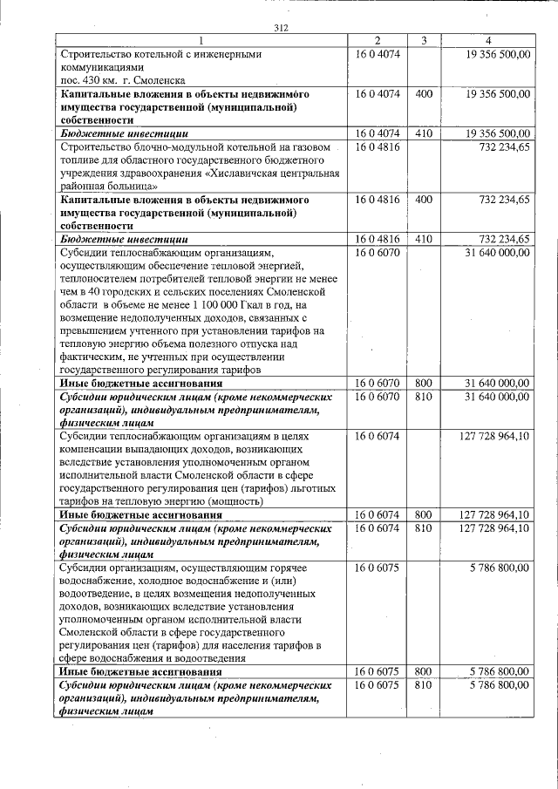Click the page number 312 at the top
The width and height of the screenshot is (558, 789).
point(280,28)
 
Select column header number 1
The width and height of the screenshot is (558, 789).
point(201,40)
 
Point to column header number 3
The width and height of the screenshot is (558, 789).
point(424,40)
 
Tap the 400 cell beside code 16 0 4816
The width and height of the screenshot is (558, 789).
point(424,200)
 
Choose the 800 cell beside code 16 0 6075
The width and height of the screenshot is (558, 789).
point(424,672)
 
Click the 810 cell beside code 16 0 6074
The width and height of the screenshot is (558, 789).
point(424,528)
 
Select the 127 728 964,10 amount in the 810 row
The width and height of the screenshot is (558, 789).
point(493,528)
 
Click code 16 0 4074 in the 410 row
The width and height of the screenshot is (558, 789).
point(378,133)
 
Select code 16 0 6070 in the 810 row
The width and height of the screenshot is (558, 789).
point(378,397)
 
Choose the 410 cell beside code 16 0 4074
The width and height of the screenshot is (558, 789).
point(424,133)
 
